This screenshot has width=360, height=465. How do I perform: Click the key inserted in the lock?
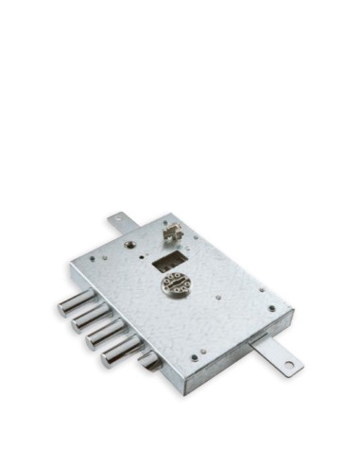tap(171, 232)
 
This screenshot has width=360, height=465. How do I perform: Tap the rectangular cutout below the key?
tap(171, 257)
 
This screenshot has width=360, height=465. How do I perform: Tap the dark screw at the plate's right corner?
tap(272, 308)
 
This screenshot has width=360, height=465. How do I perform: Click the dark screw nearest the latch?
tap(195, 357)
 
